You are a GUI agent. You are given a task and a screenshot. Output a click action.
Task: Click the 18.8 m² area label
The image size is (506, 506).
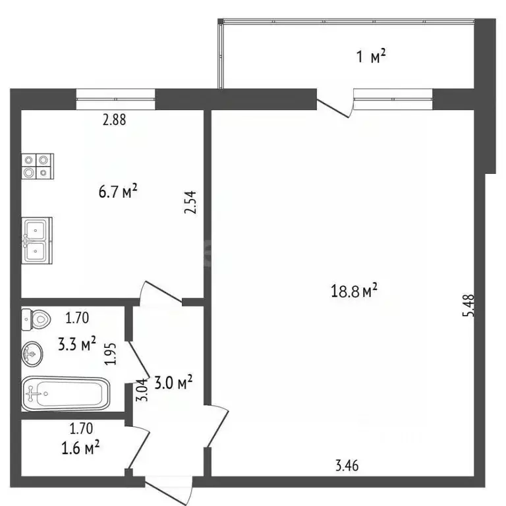[x=355, y=290]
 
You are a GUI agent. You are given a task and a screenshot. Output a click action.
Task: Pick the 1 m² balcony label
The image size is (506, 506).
[x=371, y=57]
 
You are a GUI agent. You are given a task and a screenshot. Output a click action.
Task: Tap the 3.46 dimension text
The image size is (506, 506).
[x=347, y=467]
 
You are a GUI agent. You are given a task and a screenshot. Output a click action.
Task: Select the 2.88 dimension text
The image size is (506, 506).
[x=113, y=120]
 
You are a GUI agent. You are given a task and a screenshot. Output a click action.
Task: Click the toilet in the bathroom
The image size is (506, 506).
[x=36, y=320]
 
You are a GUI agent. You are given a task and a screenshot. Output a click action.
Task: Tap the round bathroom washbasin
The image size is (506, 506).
[x=32, y=353]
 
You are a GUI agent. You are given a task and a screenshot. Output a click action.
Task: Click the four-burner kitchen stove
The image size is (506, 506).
[x=37, y=166]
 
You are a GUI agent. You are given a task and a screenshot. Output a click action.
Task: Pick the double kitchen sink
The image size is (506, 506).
[x=36, y=240]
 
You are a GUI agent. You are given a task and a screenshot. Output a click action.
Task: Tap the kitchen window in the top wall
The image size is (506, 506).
[x=115, y=99]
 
